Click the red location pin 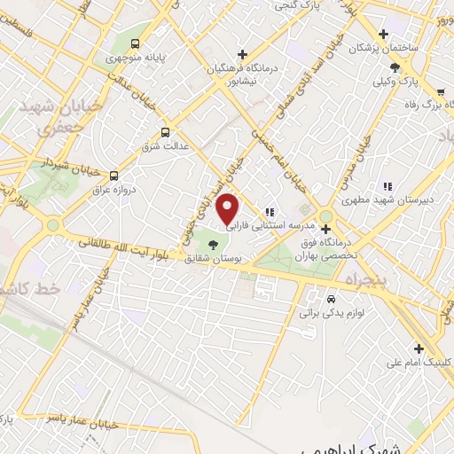pos(229,208)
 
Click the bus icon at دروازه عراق pos(113,176)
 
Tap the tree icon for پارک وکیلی pos(395,67)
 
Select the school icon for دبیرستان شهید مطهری pos(387,185)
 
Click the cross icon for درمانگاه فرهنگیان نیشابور pos(241,54)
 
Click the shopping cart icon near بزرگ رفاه pos(439,91)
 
